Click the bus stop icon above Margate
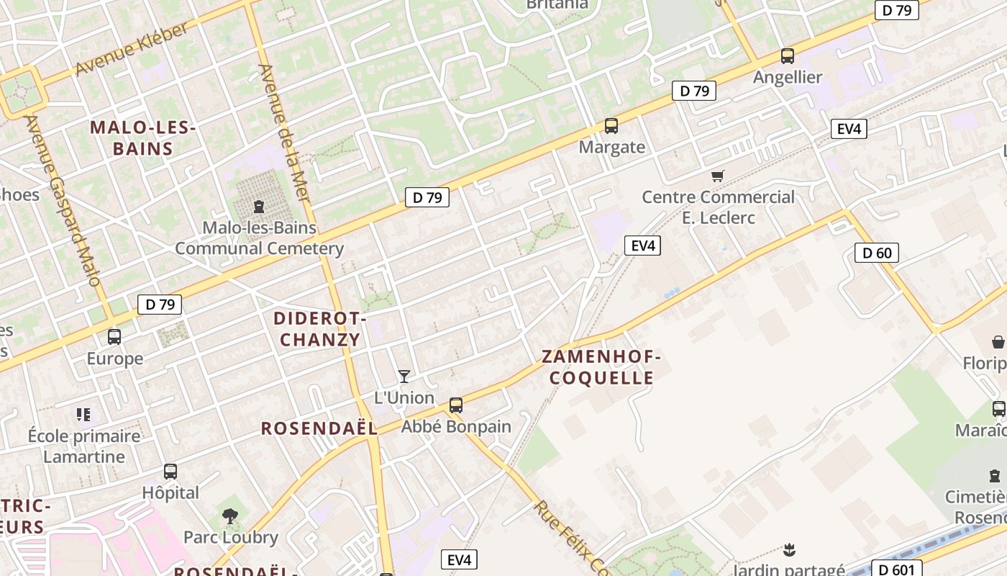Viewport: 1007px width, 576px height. [x=611, y=126]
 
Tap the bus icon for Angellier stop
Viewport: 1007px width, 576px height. [x=788, y=56]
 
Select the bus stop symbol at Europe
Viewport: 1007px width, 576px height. [x=114, y=336]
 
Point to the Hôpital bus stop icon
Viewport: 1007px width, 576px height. [x=170, y=472]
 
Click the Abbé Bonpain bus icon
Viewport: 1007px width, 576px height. [x=456, y=405]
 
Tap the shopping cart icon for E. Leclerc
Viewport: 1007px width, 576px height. [x=717, y=176]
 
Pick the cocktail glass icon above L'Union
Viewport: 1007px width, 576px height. [x=404, y=376]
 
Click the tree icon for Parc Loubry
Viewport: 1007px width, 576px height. [x=230, y=516]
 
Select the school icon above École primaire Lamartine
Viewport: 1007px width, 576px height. [x=83, y=415]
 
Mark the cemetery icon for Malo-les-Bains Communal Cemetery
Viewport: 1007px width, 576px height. [x=259, y=207]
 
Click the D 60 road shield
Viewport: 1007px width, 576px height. [x=877, y=253]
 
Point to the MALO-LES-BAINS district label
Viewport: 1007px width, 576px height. [x=142, y=138]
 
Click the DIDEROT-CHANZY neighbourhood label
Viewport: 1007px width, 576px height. [x=320, y=329]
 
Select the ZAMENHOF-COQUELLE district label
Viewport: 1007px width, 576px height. [x=601, y=367]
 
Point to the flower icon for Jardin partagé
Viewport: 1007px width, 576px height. [x=790, y=551]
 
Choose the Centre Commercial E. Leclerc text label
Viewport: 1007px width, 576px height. [x=718, y=207]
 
